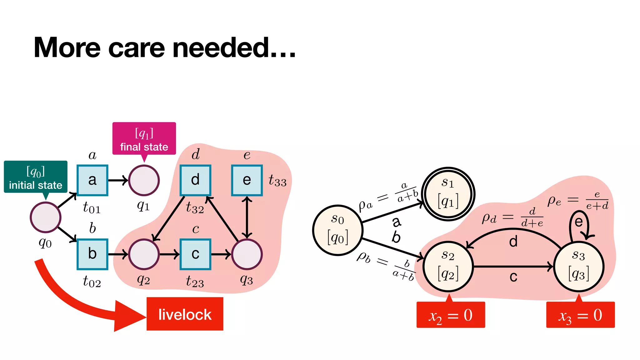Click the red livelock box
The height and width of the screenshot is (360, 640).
(x=185, y=314)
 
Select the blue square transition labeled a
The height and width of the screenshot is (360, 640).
(x=92, y=180)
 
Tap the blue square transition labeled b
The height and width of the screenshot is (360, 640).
(x=92, y=254)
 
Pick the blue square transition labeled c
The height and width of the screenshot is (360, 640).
(x=195, y=254)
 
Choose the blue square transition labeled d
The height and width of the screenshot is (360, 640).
(x=195, y=180)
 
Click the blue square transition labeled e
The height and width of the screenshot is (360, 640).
(x=247, y=180)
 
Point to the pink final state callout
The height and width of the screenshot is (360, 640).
(x=144, y=139)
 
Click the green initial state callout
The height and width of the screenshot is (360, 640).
(x=36, y=177)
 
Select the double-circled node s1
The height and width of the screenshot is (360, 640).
(x=448, y=194)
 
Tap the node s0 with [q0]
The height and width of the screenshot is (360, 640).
(x=337, y=230)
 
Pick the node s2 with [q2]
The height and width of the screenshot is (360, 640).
(x=448, y=267)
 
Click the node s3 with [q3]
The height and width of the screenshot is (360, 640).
(x=578, y=267)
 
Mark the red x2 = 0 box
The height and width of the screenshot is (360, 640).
(x=451, y=315)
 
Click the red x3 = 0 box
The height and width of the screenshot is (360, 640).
(x=580, y=315)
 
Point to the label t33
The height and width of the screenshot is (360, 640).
(x=277, y=181)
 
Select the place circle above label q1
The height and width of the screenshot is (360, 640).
(x=144, y=180)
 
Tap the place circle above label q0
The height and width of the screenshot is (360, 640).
(x=46, y=217)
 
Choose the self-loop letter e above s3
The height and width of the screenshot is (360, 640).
(x=578, y=222)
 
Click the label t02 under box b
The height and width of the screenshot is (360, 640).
(x=92, y=282)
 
